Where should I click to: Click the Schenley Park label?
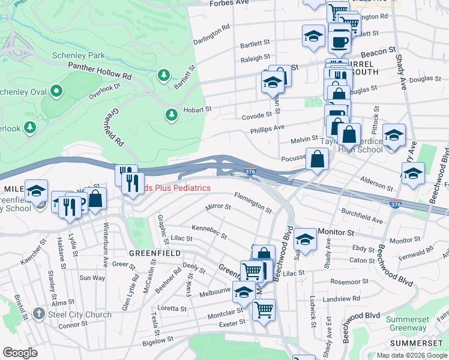click(x=79, y=55)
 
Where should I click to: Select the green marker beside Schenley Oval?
click(x=56, y=91)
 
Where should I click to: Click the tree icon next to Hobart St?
click(x=172, y=114)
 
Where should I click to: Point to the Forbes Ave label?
click(x=229, y=3)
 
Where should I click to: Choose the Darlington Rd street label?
click(x=211, y=35)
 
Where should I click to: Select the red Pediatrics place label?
click(x=174, y=188)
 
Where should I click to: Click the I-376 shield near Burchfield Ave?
click(x=396, y=204)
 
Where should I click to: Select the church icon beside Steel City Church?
click(x=39, y=314)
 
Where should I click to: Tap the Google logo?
click(x=20, y=353)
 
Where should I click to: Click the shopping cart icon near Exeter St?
click(x=264, y=310)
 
